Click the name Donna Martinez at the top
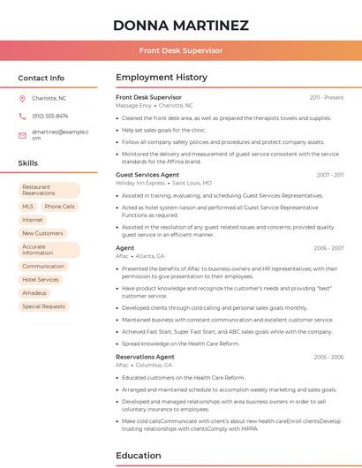pos(181,26)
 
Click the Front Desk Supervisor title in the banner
pos(181,50)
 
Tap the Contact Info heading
pos(41,78)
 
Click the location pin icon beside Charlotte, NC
pos(22,99)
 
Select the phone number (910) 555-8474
pos(49,116)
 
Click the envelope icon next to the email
pos(22,134)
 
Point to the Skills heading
pos(28,163)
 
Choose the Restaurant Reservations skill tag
pos(49,190)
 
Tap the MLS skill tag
pos(28,206)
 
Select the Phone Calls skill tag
pos(60,206)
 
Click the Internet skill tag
pos(33,220)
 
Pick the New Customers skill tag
pos(42,233)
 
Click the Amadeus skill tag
pos(34,292)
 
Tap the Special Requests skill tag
pos(44,306)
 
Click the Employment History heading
pos(162,78)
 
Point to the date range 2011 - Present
pos(327,97)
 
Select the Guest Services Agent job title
pos(147,175)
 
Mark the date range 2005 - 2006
pos(328,357)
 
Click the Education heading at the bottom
pos(139,456)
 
